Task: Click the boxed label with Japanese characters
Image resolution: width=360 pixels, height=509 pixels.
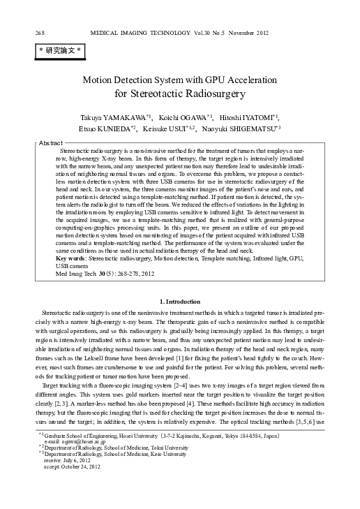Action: pos(60,51)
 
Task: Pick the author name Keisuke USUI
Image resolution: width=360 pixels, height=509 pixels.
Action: pos(172,128)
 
